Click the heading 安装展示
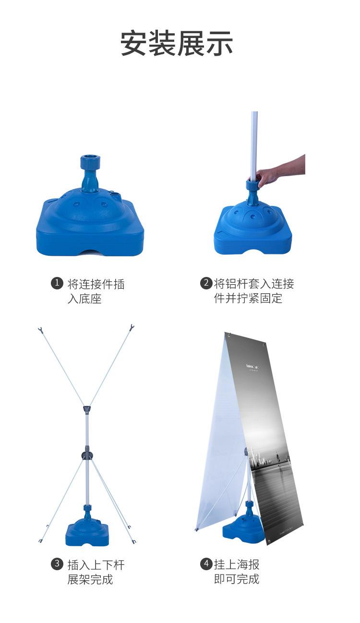click(177, 43)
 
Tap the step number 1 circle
click(57, 283)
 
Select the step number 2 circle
click(206, 283)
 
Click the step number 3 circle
click(57, 563)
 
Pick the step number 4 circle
click(206, 563)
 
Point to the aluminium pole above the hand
click(254, 139)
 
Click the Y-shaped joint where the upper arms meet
click(86, 409)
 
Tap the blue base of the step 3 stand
click(87, 533)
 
